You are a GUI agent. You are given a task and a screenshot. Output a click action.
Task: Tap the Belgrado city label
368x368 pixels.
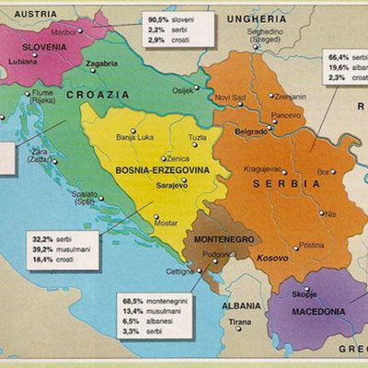pos(252,132)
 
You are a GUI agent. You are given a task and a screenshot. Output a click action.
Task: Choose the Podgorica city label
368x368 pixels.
pos(218,253)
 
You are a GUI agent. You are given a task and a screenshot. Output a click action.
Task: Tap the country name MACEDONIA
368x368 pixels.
pos(318,312)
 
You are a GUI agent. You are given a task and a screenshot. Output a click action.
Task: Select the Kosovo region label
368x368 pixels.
pos(271,259)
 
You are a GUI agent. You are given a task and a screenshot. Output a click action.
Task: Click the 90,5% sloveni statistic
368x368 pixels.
pos(171,18)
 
